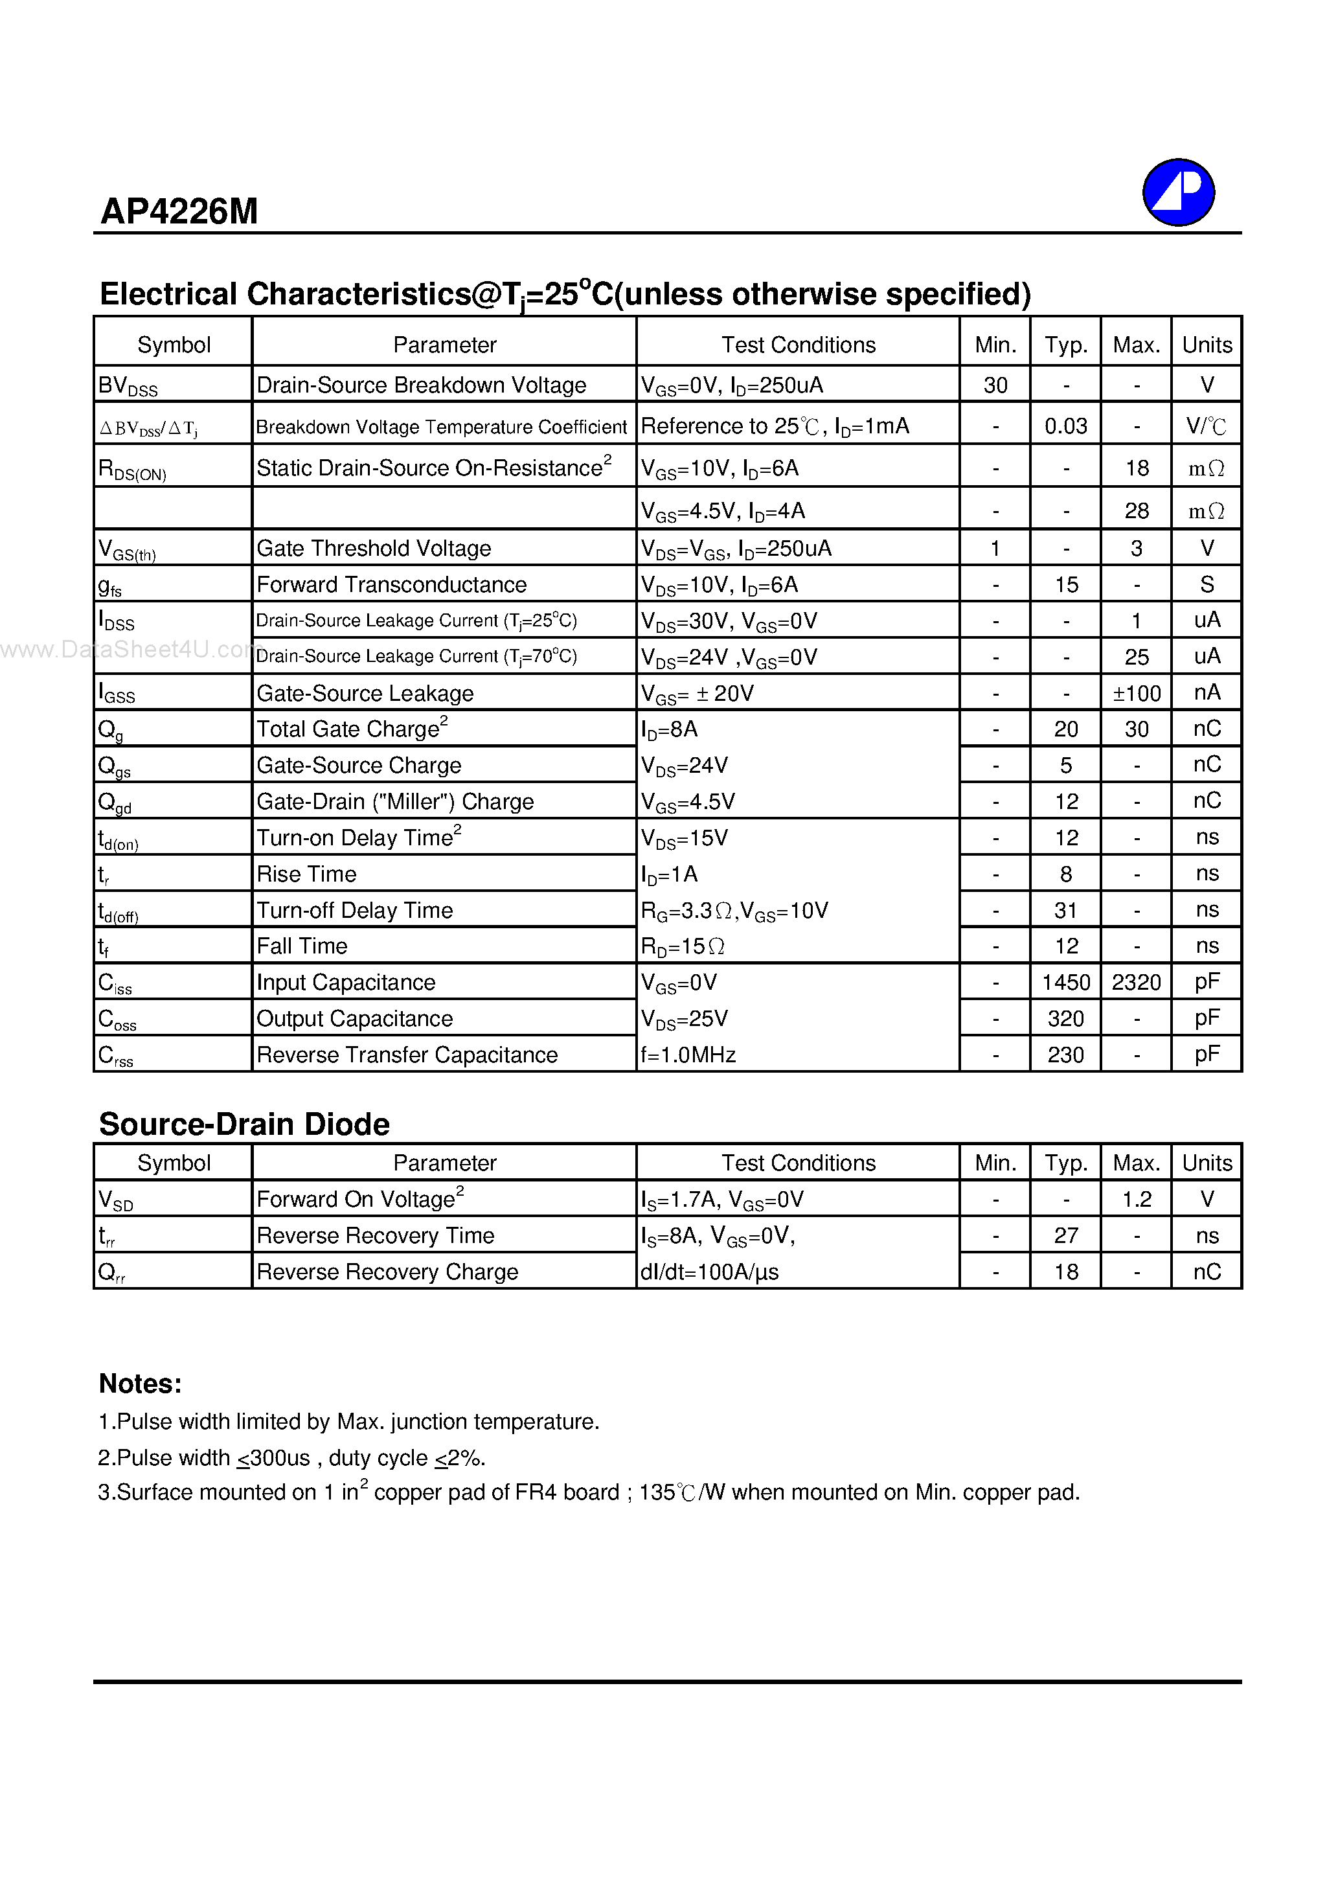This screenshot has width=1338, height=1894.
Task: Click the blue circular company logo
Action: pos(1178,192)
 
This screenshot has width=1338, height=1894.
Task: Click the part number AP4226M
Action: pos(179,212)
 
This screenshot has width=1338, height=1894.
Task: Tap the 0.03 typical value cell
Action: pos(1066,426)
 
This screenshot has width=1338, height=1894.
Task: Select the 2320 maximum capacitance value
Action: pos(1136,983)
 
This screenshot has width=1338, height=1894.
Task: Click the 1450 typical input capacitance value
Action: pos(1066,983)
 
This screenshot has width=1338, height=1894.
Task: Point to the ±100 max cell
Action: pos(1136,694)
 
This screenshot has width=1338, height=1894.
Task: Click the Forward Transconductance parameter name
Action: pos(391,585)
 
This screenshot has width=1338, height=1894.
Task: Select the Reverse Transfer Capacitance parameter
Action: pos(407,1055)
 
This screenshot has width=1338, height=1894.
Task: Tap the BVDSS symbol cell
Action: pos(128,386)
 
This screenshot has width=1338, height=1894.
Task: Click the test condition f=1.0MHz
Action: pos(688,1055)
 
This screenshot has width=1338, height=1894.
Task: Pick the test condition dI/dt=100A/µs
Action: pos(709,1272)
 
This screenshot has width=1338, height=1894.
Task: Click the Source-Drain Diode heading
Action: pos(244,1124)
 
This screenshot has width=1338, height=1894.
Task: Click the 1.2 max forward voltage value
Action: pos(1136,1200)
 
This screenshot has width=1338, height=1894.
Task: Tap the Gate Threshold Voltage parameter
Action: pos(374,549)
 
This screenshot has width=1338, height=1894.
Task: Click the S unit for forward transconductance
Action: pos(1207,585)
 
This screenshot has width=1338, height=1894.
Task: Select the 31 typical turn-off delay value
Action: pos(1066,911)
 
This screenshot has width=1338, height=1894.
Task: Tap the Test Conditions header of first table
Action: pos(798,345)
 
